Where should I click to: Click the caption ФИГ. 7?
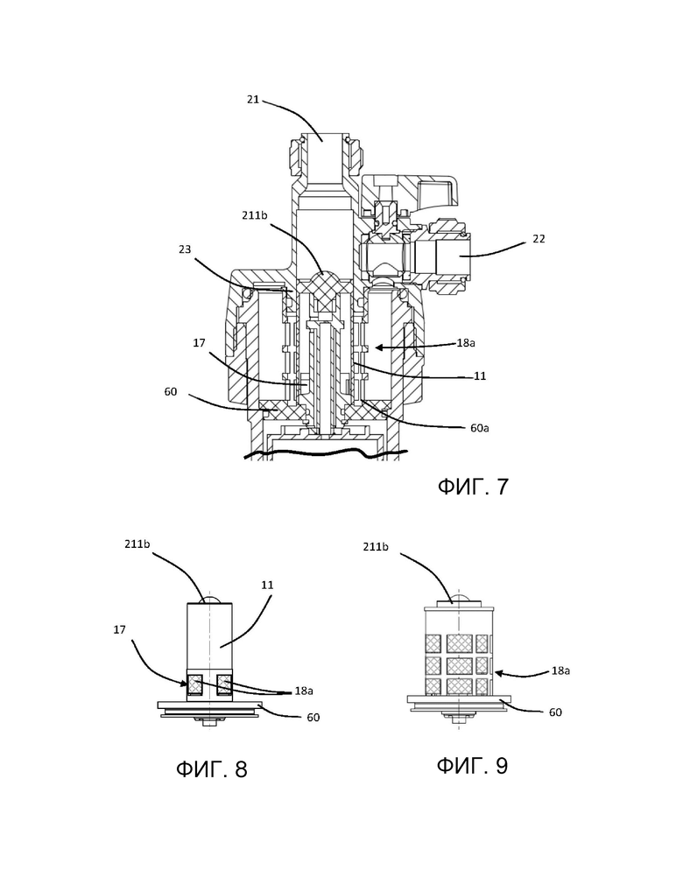473,487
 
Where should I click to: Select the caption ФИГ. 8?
212,769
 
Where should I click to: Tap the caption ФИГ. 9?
472,766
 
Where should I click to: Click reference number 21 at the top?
253,100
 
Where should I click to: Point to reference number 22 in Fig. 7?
539,239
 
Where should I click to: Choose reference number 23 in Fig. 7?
185,249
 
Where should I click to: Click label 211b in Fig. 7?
254,214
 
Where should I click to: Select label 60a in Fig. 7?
479,428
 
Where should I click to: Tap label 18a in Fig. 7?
466,343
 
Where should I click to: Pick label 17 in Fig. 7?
199,343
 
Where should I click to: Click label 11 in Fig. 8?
268,585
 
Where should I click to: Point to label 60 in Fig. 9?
555,712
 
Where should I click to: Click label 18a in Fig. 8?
304,691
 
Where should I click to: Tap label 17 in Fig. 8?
119,630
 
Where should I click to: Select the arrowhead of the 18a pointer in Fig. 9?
498,673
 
